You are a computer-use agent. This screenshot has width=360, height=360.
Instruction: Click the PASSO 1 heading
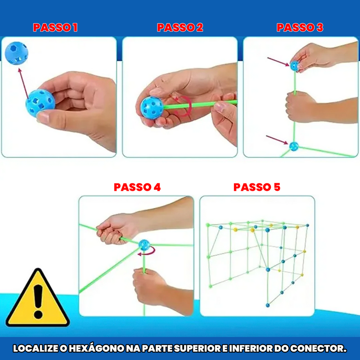pyautogui.click(x=55, y=27)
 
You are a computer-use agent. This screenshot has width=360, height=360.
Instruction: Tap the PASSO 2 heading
pyautogui.click(x=180, y=27)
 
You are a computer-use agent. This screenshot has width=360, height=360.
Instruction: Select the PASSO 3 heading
pyautogui.click(x=300, y=27)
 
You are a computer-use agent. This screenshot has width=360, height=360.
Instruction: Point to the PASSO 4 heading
pyautogui.click(x=137, y=187)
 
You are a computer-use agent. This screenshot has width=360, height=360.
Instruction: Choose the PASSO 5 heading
pyautogui.click(x=257, y=187)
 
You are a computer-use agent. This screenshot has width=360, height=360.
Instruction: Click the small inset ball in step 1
pyautogui.click(x=16, y=53)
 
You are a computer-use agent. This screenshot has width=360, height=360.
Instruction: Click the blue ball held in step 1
pyautogui.click(x=40, y=103)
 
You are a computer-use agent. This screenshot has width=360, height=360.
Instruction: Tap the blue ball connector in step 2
pyautogui.click(x=152, y=108)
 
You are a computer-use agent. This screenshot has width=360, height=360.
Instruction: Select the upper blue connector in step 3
pyautogui.click(x=295, y=66)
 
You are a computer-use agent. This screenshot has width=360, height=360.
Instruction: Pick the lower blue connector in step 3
pyautogui.click(x=294, y=147)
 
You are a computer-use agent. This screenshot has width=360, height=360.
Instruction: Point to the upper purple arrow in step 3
pyautogui.click(x=278, y=62)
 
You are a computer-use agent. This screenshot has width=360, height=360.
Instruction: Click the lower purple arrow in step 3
pyautogui.click(x=277, y=140)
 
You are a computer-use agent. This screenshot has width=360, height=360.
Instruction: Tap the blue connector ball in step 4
pyautogui.click(x=144, y=245)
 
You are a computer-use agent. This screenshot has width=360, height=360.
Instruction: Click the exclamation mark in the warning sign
pyautogui.click(x=38, y=301)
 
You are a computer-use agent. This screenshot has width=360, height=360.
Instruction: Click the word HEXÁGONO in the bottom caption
pyautogui.click(x=97, y=348)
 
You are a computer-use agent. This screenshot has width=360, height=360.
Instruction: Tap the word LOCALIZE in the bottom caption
pyautogui.click(x=36, y=348)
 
